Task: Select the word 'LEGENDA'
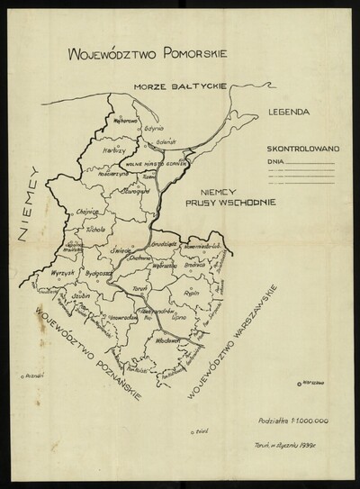tap(289, 114)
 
